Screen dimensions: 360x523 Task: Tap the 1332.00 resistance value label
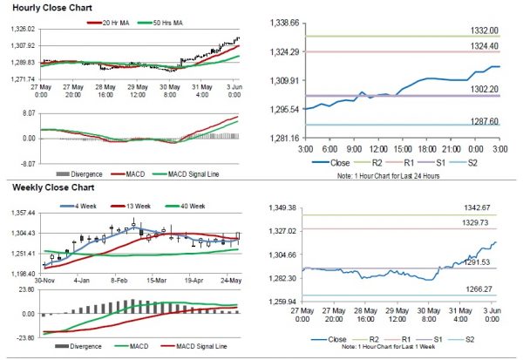click(480, 31)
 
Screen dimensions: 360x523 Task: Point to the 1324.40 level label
click(480, 46)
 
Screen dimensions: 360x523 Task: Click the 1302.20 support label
click(480, 89)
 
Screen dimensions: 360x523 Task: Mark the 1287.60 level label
click(480, 123)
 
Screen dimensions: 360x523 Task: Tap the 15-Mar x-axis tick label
click(156, 282)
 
